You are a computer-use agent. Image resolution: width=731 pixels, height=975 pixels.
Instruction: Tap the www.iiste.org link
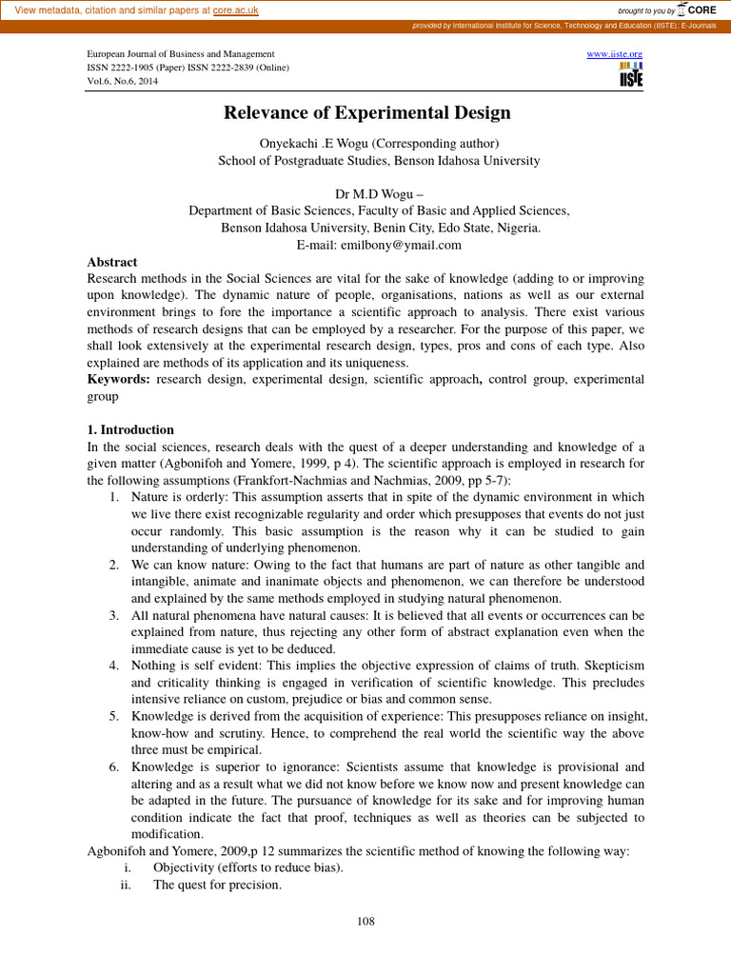point(615,54)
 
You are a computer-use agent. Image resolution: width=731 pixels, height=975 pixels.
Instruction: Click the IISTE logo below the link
point(630,76)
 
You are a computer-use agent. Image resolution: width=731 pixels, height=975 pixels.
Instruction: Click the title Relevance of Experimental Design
point(366,113)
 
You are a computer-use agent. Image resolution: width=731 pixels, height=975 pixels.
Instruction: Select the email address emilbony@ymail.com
point(366,245)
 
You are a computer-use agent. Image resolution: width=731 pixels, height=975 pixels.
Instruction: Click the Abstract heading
point(112,262)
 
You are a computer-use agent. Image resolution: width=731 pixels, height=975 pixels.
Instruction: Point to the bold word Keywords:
point(118,379)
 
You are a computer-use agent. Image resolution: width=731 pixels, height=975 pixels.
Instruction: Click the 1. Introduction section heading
point(130,429)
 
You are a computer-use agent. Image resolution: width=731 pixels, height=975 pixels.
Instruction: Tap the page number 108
point(365,921)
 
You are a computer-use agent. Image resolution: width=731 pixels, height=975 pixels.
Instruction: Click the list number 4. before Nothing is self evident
point(113,666)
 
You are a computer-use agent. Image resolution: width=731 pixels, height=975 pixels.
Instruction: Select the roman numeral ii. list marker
point(125,885)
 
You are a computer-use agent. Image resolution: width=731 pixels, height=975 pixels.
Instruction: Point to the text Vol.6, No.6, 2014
point(123,82)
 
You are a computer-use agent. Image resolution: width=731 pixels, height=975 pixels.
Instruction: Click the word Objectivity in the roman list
point(185,867)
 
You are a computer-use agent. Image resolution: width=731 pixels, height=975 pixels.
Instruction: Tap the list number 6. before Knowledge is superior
point(113,766)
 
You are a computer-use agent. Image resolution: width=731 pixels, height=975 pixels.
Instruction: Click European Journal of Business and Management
point(181,54)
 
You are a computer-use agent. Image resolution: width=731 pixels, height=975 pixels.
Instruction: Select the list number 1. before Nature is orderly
point(113,497)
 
